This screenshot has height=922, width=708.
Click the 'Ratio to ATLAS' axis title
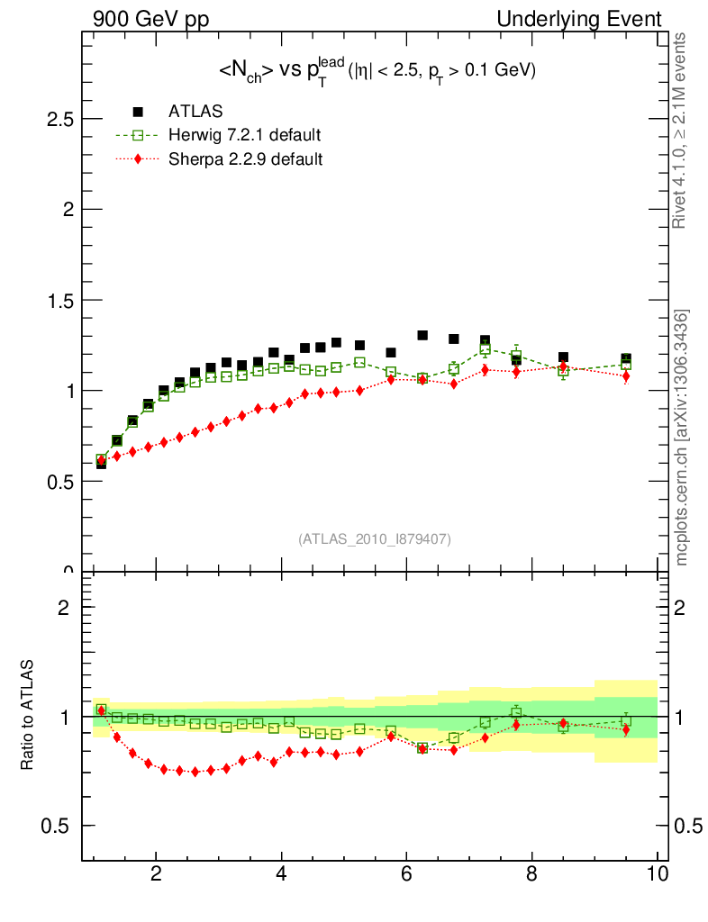click(28, 716)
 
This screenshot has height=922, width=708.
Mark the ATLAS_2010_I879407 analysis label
click(375, 539)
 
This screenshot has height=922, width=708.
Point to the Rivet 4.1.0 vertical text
click(682, 131)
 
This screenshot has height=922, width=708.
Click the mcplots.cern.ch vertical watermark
click(682, 438)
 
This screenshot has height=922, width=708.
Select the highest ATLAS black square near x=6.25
click(422, 336)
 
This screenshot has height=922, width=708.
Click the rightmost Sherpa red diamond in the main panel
click(626, 376)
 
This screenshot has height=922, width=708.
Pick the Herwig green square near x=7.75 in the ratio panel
click(516, 712)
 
